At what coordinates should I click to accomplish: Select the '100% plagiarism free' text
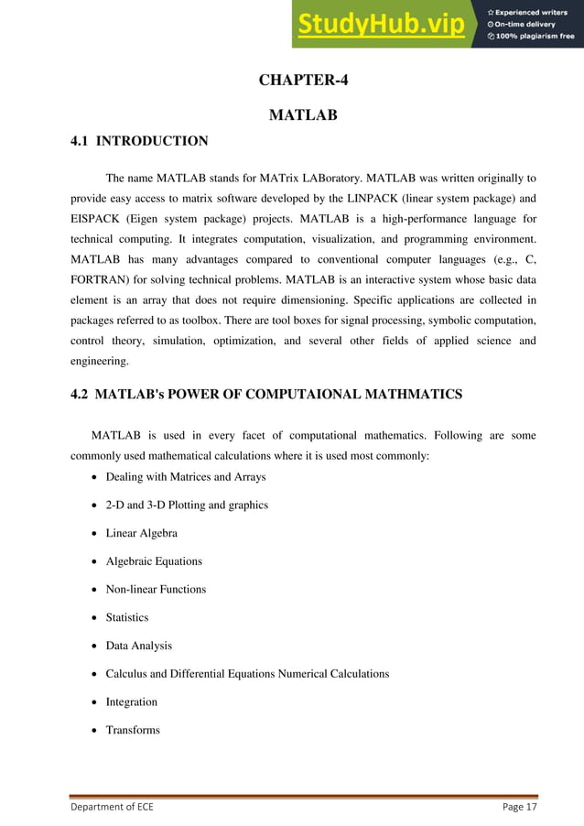click(535, 37)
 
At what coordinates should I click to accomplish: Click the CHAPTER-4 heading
click(303, 80)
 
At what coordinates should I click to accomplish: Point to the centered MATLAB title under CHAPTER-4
click(303, 115)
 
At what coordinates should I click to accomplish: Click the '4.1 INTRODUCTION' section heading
click(139, 141)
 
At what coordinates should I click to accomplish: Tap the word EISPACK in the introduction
click(98, 220)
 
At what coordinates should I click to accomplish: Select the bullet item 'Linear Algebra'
click(141, 533)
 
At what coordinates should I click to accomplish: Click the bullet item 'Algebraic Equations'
click(154, 561)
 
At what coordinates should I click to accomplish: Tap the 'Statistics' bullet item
click(126, 617)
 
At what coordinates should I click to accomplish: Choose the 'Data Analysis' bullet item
click(138, 646)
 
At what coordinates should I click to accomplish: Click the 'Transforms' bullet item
click(133, 730)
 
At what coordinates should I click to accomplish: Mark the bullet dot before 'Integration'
click(96, 702)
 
